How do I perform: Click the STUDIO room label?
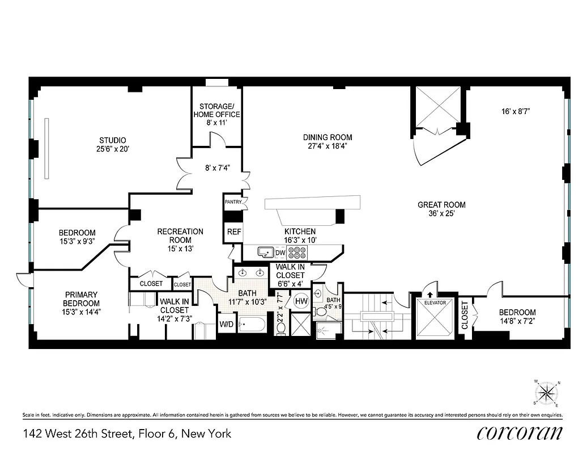pyautogui.click(x=112, y=140)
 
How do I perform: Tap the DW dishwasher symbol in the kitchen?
pyautogui.click(x=280, y=252)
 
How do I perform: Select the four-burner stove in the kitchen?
pyautogui.click(x=297, y=251)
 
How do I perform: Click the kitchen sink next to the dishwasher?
pyautogui.click(x=264, y=251)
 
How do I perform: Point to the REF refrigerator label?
pyautogui.click(x=234, y=232)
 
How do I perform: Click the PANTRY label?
pyautogui.click(x=233, y=201)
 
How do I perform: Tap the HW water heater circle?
pyautogui.click(x=300, y=301)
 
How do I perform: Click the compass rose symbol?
pyautogui.click(x=547, y=392)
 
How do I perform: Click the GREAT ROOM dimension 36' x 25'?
pyautogui.click(x=441, y=215)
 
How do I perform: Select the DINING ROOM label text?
pyautogui.click(x=327, y=137)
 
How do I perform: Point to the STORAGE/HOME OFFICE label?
pyautogui.click(x=216, y=110)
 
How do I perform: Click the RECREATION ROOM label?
pyautogui.click(x=180, y=235)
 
